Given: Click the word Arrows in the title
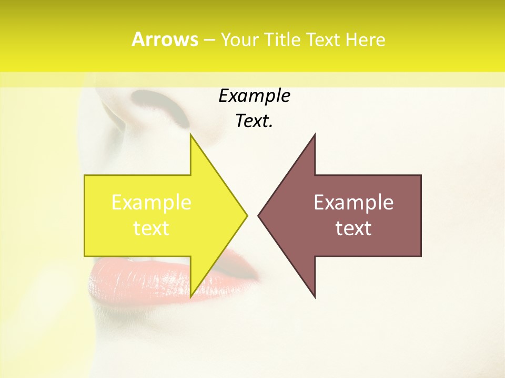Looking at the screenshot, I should pos(165,39).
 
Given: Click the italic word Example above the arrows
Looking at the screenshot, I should pos(254,96).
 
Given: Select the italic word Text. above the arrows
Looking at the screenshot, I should pos(254,121).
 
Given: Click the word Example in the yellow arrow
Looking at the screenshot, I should pos(151,203).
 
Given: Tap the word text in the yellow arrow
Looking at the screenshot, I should pos(151,228).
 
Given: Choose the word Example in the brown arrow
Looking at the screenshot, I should pos(353,203).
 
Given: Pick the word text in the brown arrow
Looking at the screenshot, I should pos(353,228).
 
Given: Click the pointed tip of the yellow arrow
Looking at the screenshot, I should pos(247,215).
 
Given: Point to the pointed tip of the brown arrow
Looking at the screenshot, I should pos(258,215).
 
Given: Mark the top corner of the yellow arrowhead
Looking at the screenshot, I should pos(190,134).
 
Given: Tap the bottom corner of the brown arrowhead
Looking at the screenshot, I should pos(315,297).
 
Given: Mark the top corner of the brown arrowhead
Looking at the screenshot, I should pos(315,134).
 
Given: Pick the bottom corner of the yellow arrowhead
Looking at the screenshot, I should pos(190,297).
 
